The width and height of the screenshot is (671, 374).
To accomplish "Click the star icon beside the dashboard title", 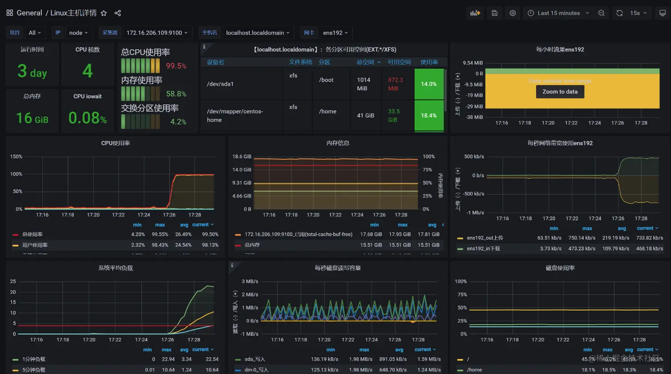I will (104, 13).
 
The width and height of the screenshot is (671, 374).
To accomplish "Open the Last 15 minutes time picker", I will (558, 13).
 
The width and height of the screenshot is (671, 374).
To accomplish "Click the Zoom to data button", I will (560, 92).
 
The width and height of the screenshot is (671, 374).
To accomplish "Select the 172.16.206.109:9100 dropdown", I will (157, 33).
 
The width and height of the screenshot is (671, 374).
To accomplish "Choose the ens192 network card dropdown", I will (335, 33).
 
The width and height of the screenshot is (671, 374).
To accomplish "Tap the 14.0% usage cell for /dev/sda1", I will (429, 84).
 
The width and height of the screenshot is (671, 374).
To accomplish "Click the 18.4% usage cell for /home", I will (429, 115).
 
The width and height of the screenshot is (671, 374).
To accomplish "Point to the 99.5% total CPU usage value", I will (176, 66).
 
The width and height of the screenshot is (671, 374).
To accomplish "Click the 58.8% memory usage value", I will (176, 94).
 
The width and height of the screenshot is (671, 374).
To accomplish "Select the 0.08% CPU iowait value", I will (87, 118).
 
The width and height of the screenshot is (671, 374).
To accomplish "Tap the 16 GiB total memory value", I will (32, 118).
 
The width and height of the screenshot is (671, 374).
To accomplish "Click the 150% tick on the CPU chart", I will (16, 157).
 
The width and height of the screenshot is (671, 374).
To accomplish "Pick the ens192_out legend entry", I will (485, 238).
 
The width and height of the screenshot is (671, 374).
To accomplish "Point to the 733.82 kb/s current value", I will (649, 238).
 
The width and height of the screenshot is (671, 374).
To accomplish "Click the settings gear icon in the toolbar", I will (513, 13).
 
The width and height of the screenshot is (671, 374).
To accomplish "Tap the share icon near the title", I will (118, 13).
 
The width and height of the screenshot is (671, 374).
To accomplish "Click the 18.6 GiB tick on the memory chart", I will (241, 157).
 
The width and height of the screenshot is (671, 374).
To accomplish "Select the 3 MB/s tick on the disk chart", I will (250, 281).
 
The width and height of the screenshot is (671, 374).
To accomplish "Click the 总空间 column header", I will (366, 63).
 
